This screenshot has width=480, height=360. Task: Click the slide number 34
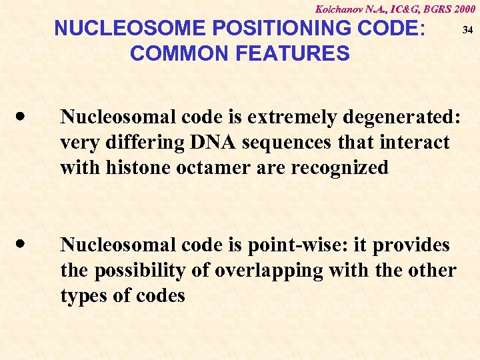point(467,30)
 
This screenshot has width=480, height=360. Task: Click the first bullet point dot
point(23,116)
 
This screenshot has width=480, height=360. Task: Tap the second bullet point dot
point(23,244)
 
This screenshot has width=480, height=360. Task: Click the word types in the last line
point(82,296)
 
